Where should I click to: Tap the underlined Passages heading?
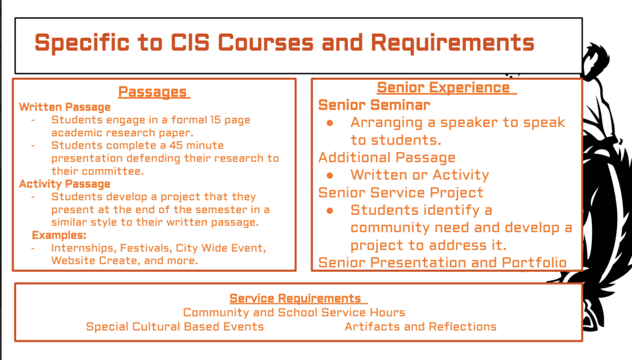153,93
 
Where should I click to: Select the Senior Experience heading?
443,87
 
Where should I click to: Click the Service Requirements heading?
295,298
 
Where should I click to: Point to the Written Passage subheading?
65,107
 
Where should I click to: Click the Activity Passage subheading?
65,184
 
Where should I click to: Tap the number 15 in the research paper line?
215,120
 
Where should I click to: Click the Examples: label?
59,235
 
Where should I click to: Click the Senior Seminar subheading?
375,105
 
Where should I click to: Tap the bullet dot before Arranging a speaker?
330,123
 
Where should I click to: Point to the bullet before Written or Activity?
330,175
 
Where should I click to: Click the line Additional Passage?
387,157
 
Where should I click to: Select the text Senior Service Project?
401,193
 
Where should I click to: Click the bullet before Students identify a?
330,211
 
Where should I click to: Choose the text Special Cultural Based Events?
175,327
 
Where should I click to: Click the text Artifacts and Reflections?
420,327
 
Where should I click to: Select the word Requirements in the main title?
452,43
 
